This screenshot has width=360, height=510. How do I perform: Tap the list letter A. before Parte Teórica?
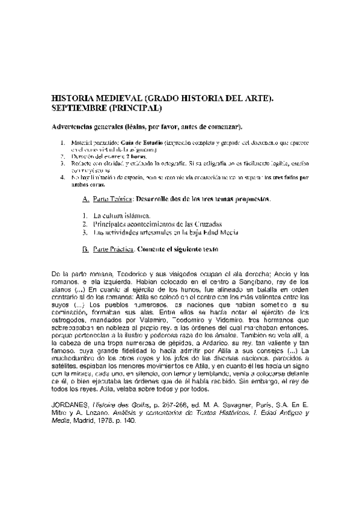[84, 198]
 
